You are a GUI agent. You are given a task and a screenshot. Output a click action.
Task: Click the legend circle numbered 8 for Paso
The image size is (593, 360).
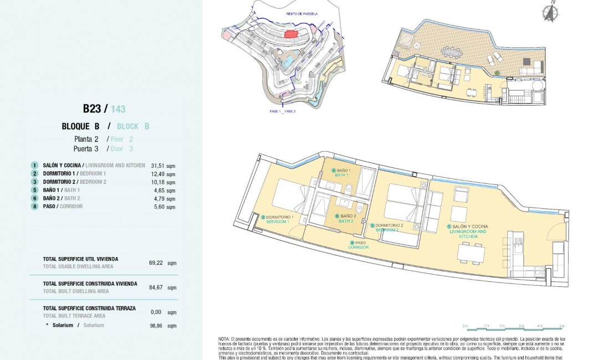[x=34, y=207]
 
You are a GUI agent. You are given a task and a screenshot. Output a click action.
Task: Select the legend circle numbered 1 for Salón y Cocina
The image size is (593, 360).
[x=34, y=166]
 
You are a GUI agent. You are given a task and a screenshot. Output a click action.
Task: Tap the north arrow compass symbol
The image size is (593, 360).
[x=549, y=12]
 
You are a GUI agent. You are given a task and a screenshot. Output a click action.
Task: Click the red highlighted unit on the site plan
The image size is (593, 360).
[x=290, y=34]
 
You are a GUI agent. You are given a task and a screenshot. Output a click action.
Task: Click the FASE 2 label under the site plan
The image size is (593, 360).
[x=290, y=111]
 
